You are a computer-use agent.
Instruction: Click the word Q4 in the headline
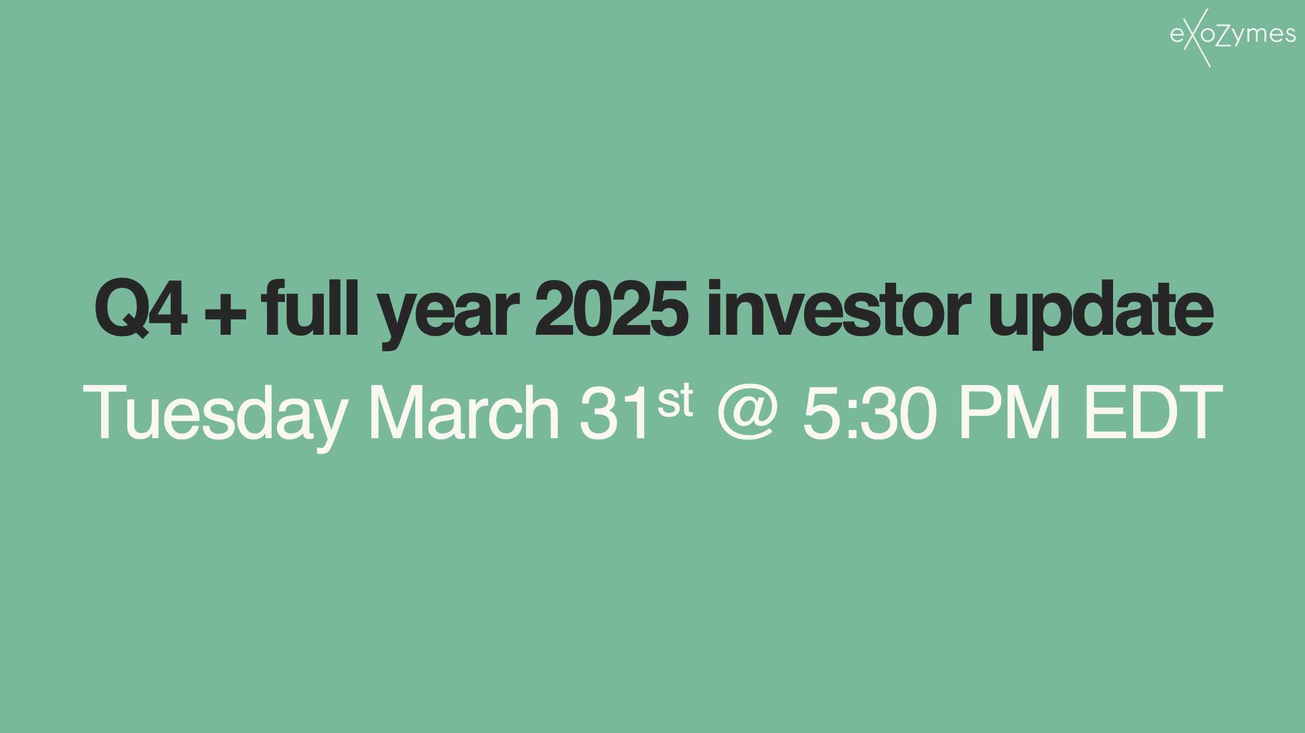[x=140, y=309]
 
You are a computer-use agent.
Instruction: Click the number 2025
[x=611, y=309]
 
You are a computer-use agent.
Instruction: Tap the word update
[x=1101, y=311]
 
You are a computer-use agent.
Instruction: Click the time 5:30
[x=870, y=412]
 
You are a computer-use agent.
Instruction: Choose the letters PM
[x=1009, y=412]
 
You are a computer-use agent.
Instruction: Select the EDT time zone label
[x=1153, y=412]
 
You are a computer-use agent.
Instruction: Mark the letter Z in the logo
[x=1224, y=36]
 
